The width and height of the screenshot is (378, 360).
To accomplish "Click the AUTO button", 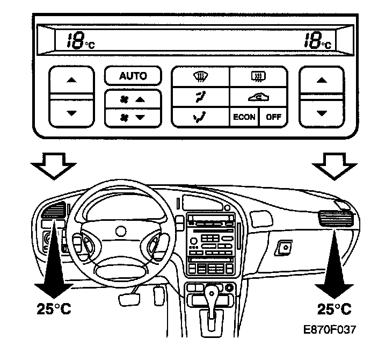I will (x=133, y=76).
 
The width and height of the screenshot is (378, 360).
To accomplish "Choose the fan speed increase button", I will (x=133, y=99).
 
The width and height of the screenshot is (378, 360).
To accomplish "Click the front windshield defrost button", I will (x=200, y=77).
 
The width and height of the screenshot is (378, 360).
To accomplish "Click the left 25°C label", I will (x=54, y=309).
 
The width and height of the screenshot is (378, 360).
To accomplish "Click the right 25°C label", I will (x=334, y=309).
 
